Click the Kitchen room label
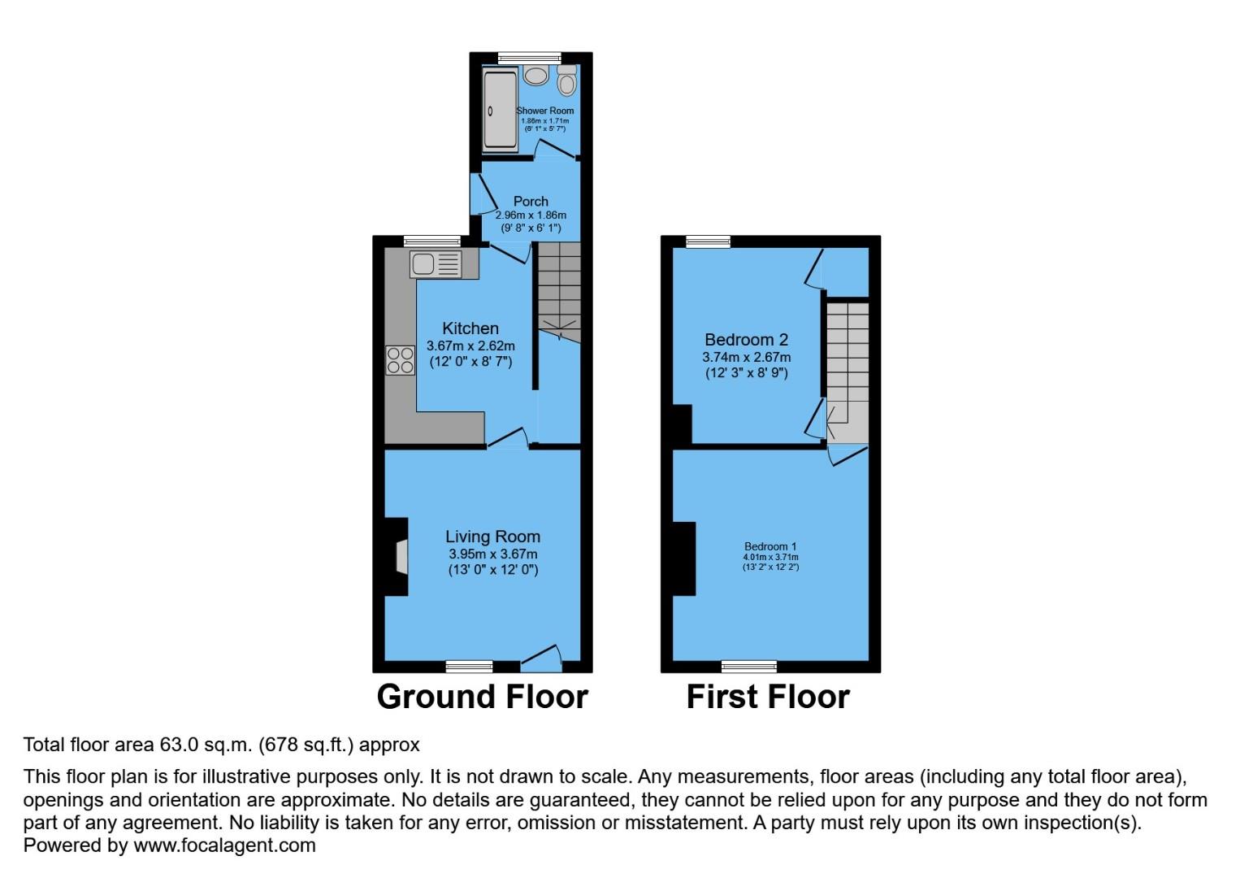tap(470, 328)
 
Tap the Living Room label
tap(492, 537)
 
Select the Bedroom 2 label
tap(746, 340)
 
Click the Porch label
tap(531, 201)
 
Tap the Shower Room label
tap(545, 111)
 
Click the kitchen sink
tap(436, 264)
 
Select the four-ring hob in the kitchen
tap(400, 360)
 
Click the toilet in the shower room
tap(567, 81)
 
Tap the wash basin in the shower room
tap(535, 76)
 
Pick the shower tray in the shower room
tap(500, 111)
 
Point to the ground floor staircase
tap(560, 293)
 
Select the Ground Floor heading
tap(482, 697)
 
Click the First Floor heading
tap(768, 697)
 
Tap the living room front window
tap(469, 667)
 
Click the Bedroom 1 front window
tap(748, 667)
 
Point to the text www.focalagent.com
tap(224, 845)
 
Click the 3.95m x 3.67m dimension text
tap(492, 554)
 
